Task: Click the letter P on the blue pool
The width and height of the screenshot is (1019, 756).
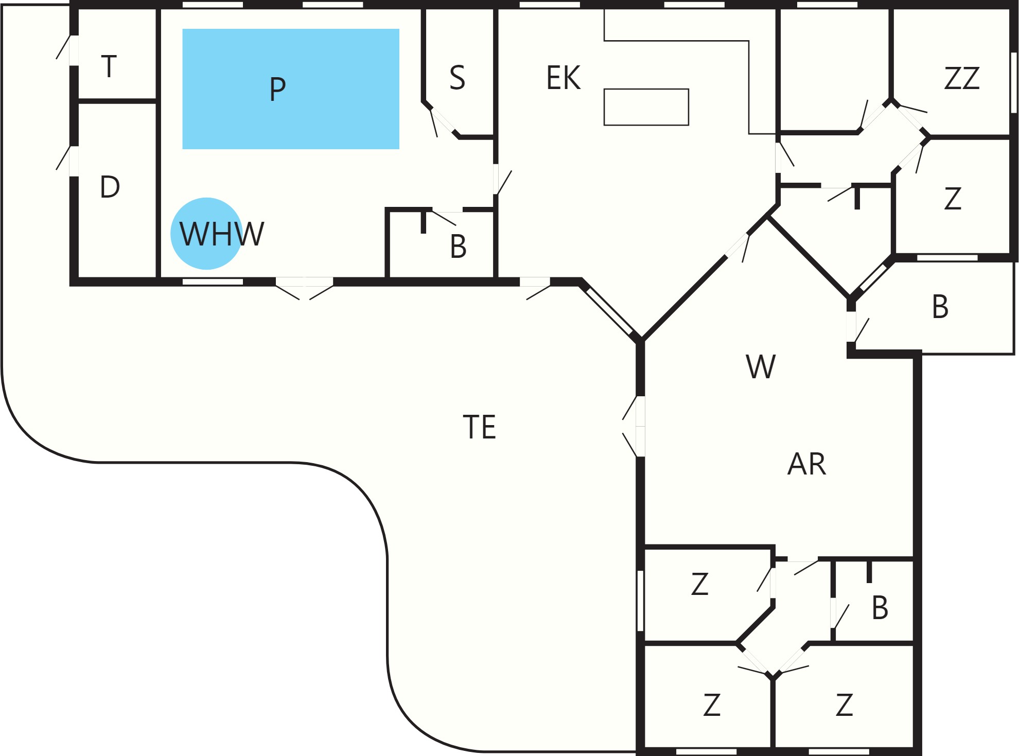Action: click(277, 89)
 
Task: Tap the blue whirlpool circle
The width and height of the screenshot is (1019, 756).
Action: click(206, 234)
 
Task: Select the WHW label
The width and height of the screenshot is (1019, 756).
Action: click(222, 234)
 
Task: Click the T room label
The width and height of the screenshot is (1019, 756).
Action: click(109, 66)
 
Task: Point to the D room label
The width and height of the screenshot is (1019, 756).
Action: click(110, 187)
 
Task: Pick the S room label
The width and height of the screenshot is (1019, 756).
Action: click(457, 78)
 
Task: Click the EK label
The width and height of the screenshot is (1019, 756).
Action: click(564, 78)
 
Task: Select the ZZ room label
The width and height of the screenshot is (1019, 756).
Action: click(962, 78)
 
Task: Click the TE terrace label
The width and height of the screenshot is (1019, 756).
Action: click(480, 427)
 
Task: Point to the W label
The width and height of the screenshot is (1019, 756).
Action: click(761, 366)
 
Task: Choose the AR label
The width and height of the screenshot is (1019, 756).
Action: click(806, 464)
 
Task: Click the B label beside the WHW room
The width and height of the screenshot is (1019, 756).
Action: click(458, 247)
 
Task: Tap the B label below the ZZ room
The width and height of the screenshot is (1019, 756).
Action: click(940, 307)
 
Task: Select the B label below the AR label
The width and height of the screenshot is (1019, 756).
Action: click(880, 607)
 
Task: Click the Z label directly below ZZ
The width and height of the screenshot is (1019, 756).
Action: click(953, 198)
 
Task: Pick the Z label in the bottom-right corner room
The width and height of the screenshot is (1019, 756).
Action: click(845, 705)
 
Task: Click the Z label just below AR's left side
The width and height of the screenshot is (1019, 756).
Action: click(700, 584)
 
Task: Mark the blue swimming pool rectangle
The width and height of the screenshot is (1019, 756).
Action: click(291, 89)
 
